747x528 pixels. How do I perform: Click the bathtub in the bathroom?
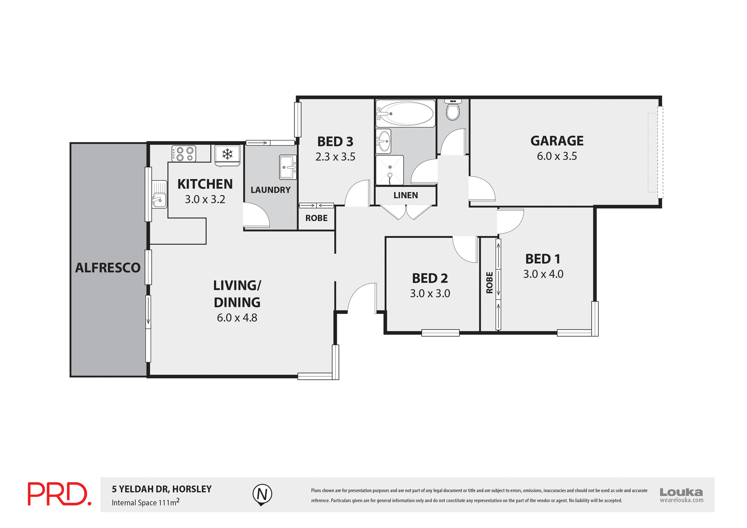coord(405,114)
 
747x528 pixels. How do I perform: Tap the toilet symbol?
coord(452,111)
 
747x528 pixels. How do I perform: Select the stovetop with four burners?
coord(184,153)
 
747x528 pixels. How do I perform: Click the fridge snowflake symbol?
coord(227,154)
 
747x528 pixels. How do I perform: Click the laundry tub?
coord(288,167)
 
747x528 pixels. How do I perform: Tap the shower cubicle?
coord(389,170)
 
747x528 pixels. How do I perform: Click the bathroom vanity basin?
coord(384,141)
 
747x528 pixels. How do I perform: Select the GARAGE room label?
coord(557,141)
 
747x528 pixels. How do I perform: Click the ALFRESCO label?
coord(108,268)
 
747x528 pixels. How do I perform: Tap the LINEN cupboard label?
coord(405,195)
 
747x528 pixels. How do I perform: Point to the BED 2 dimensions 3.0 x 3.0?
coord(430,293)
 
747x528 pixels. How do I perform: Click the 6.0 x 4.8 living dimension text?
coord(237,318)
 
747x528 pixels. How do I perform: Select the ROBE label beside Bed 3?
coord(316,218)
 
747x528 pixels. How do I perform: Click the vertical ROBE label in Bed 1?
coord(489,282)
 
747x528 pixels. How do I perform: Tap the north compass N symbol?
coord(262,494)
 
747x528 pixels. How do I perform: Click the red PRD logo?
coord(59,494)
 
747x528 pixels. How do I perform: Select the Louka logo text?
coord(681,492)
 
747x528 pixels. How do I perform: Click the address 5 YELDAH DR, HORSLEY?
coord(162,489)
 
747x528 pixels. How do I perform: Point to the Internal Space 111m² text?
coord(146,502)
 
